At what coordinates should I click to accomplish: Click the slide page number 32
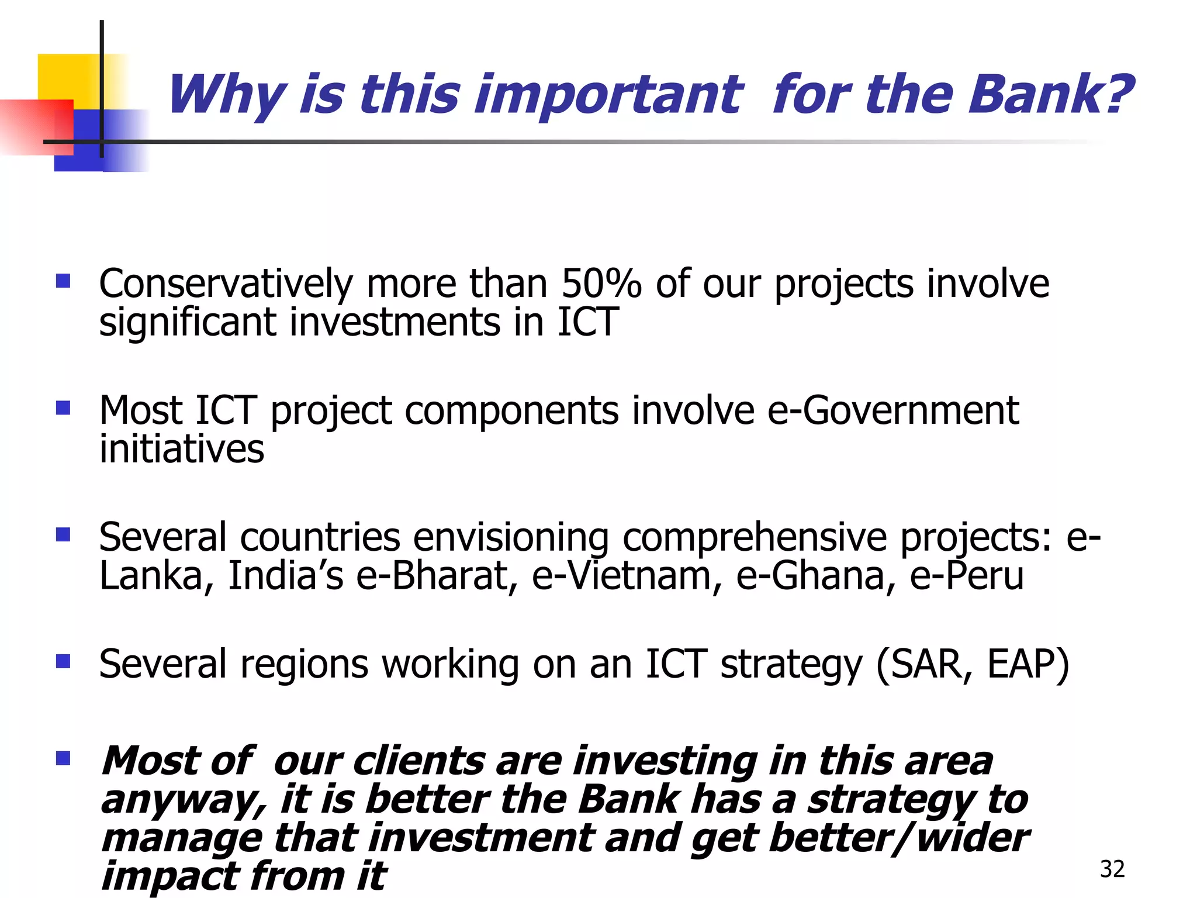click(1112, 869)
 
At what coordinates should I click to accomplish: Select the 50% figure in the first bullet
click(601, 284)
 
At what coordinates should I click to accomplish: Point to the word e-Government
click(892, 410)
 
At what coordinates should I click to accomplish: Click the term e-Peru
click(967, 576)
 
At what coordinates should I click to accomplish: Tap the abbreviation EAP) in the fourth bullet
click(1028, 665)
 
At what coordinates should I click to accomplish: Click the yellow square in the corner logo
click(67, 76)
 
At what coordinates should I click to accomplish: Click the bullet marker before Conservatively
click(63, 282)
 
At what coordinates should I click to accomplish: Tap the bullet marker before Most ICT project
click(63, 407)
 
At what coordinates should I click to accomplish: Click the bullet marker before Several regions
click(63, 661)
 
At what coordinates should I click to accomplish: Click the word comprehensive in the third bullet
click(755, 537)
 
